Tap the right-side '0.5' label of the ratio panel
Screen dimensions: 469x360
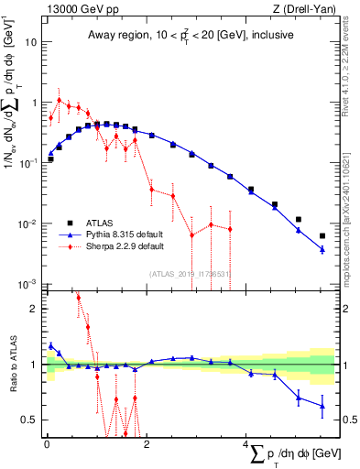346,420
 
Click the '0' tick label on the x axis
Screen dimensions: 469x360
47,445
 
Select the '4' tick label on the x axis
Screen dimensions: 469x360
246,445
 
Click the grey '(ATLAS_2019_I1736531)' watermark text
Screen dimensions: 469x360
191,273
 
